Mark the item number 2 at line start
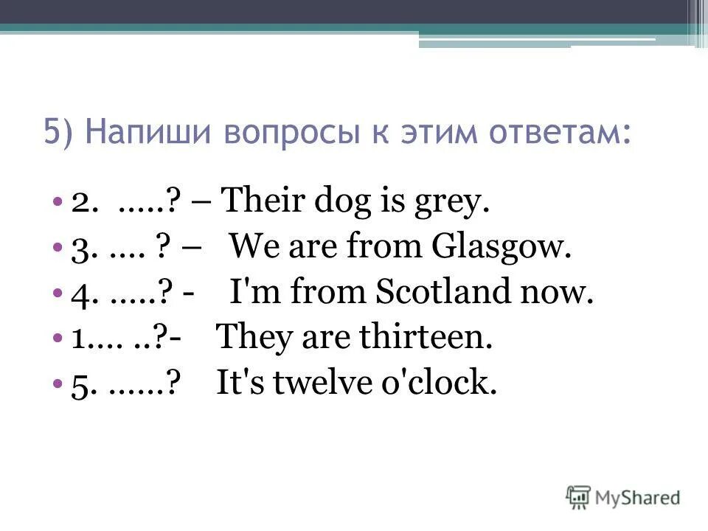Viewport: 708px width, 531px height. pyautogui.click(x=82, y=202)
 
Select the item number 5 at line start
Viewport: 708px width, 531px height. pyautogui.click(x=82, y=385)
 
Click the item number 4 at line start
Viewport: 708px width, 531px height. pyautogui.click(x=81, y=294)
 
